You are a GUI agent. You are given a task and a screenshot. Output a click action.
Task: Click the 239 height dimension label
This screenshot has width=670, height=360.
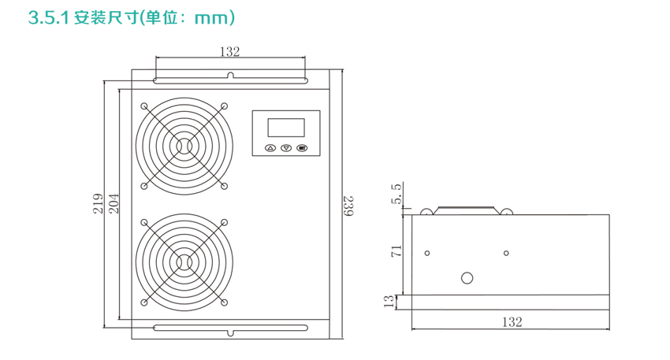(x=348, y=206)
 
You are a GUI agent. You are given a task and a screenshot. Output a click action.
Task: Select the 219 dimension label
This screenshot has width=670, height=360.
(x=99, y=204)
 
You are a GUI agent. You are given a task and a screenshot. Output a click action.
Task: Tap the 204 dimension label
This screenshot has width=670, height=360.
(x=114, y=204)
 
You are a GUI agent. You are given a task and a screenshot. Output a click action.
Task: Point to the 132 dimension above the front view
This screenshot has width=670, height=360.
(x=230, y=52)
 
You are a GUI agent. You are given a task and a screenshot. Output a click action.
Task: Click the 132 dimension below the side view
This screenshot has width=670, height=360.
(x=512, y=321)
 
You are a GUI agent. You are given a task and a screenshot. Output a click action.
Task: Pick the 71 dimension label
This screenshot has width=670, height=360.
(x=396, y=251)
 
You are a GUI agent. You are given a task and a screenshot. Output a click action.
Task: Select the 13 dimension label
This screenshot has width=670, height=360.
(x=389, y=302)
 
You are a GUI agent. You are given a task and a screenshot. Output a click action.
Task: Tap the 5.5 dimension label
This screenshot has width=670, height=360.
(x=396, y=194)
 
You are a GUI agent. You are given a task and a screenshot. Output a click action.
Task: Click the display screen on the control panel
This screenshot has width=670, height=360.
(x=286, y=128)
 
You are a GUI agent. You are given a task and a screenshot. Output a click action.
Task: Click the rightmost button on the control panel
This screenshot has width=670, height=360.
(x=302, y=148)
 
